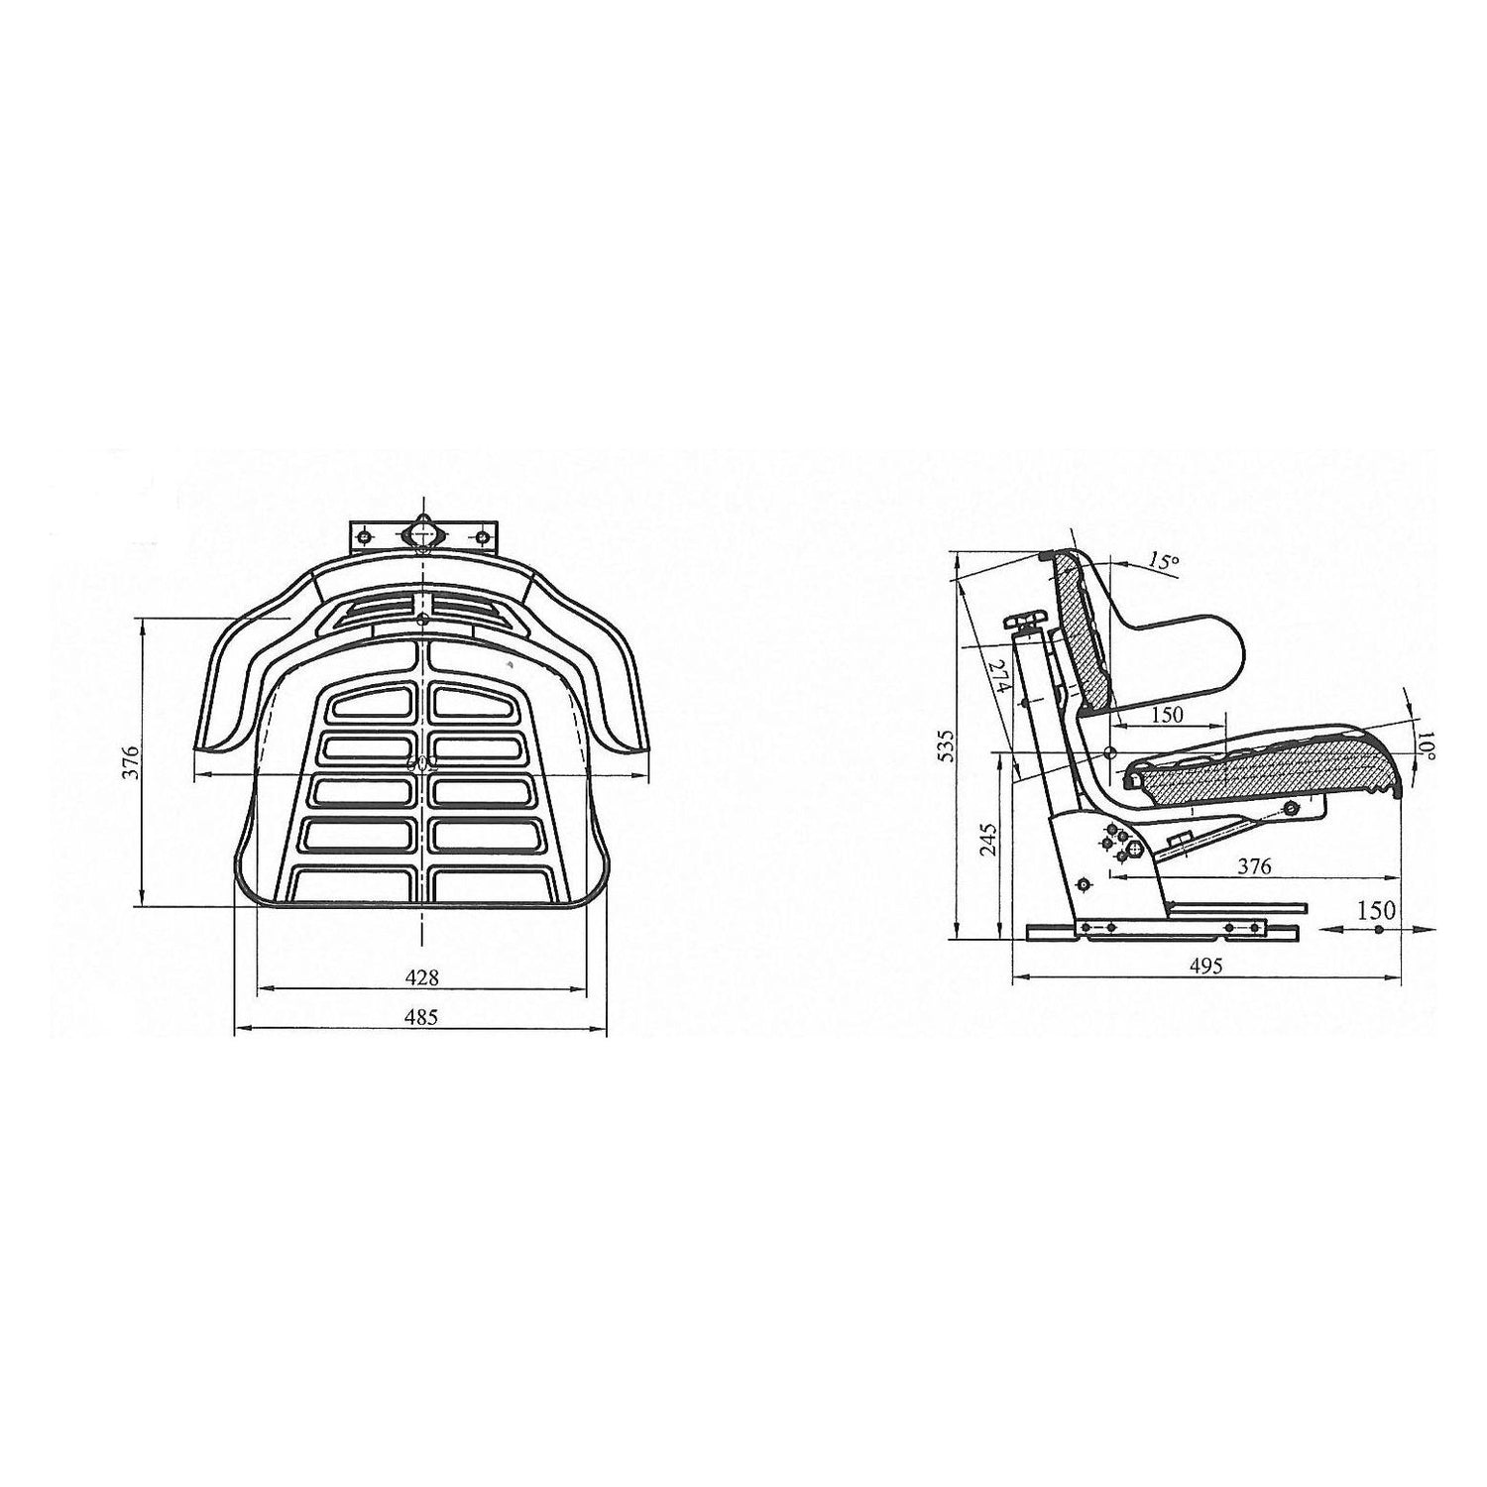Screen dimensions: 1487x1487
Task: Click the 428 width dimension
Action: pos(421,976)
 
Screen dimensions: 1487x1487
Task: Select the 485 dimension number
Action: pos(421,1017)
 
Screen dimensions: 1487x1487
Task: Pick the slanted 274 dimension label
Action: pos(998,678)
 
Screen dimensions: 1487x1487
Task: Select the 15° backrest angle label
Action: pos(1163,562)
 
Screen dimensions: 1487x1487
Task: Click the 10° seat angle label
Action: pos(1425,745)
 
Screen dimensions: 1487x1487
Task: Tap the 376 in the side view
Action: pos(1254,866)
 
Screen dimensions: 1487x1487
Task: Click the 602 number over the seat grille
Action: pos(422,765)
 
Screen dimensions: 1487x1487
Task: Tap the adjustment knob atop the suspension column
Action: pos(1024,623)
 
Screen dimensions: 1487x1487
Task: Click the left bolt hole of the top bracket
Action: pos(365,537)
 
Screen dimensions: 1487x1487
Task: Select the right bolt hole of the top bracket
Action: pos(482,537)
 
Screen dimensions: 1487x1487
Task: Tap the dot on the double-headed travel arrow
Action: pos(1378,930)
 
